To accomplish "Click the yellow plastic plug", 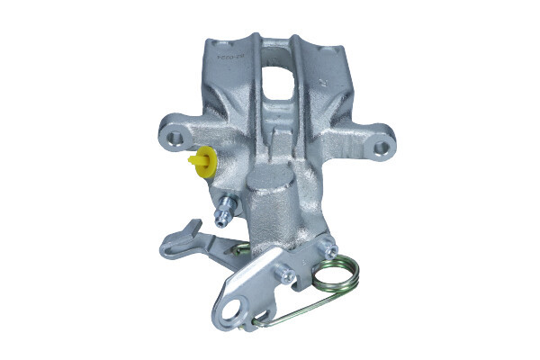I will [x=202, y=162].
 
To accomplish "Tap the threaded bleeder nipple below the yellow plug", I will [x=222, y=214].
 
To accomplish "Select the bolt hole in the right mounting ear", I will [x=382, y=145].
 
